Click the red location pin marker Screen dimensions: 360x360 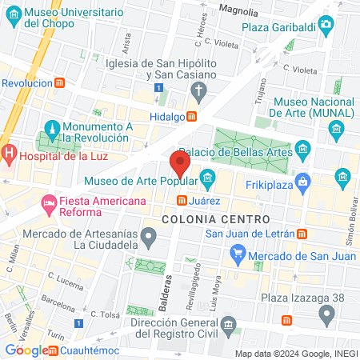click(180, 166)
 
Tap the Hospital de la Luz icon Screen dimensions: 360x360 click(9, 152)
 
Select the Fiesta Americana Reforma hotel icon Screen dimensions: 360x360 click(48, 202)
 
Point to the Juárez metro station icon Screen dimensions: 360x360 click(182, 200)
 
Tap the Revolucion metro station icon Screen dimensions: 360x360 click(60, 83)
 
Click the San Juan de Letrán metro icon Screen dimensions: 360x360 click(302, 234)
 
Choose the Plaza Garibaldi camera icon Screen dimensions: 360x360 click(325, 25)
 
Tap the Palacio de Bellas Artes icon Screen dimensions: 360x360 click(302, 149)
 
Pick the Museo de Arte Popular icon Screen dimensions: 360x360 click(208, 177)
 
